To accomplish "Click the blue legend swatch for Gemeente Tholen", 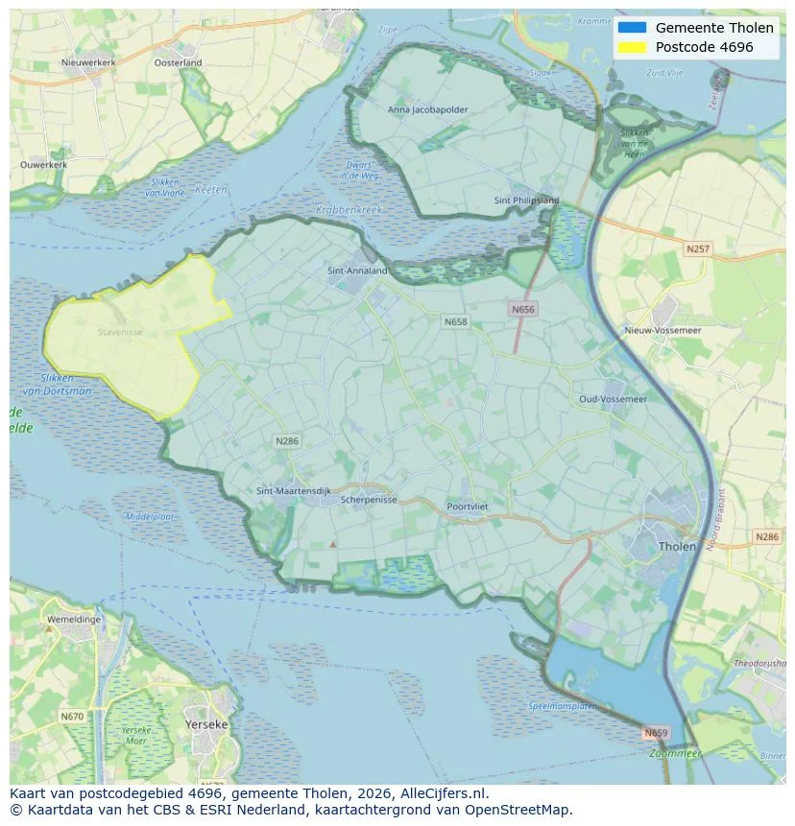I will pyautogui.click(x=633, y=28).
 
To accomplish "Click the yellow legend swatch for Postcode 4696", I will pyautogui.click(x=633, y=47).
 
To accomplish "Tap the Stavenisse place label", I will pyautogui.click(x=120, y=333).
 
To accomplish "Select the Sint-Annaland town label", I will pyautogui.click(x=357, y=271).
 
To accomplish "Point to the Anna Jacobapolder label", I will pyautogui.click(x=428, y=109).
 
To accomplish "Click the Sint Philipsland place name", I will pyautogui.click(x=526, y=201).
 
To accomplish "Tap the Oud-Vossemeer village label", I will pyautogui.click(x=613, y=398).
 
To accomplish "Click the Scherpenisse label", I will pyautogui.click(x=369, y=500).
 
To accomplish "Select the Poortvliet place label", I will pyautogui.click(x=469, y=507).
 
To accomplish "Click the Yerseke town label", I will pyautogui.click(x=206, y=724).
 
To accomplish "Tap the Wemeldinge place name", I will pyautogui.click(x=73, y=620).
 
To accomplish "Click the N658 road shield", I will pyautogui.click(x=456, y=321).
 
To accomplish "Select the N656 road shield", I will pyautogui.click(x=522, y=309).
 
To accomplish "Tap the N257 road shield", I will pyautogui.click(x=698, y=249).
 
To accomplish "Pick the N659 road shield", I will pyautogui.click(x=655, y=733).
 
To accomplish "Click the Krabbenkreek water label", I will pyautogui.click(x=349, y=209).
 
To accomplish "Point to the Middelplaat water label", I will pyautogui.click(x=150, y=516).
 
